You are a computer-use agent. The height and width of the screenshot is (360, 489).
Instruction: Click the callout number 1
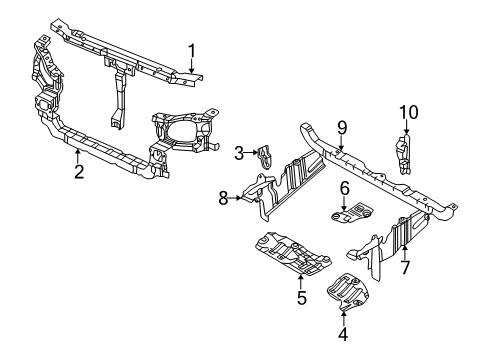193,49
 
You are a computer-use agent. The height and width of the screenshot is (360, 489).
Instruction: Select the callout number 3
240,153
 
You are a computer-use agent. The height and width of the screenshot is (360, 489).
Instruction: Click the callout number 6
343,187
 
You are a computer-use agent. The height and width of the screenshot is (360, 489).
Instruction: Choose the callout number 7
404,269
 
